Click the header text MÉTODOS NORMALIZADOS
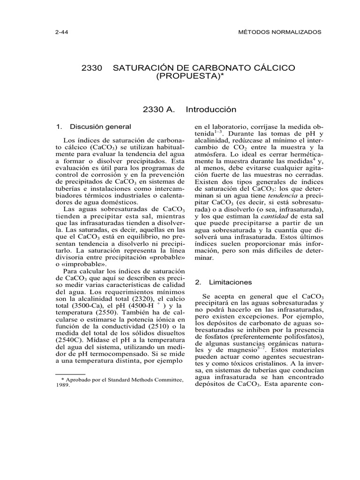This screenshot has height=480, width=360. pyautogui.click(x=280, y=32)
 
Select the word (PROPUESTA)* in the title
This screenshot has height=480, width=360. pyautogui.click(x=187, y=76)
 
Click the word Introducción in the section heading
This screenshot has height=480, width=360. pyautogui.click(x=211, y=110)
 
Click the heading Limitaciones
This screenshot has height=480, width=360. pyautogui.click(x=230, y=282)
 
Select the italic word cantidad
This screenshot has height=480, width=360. pyautogui.click(x=273, y=216)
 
